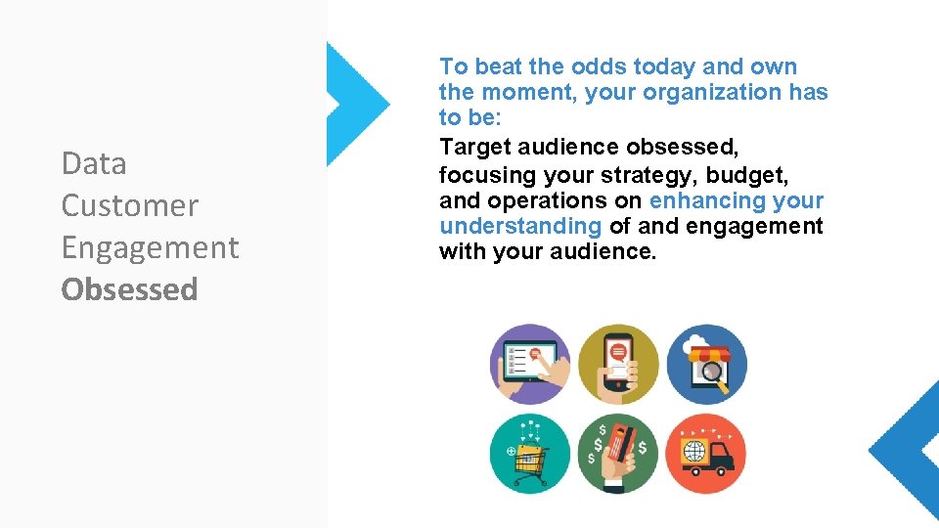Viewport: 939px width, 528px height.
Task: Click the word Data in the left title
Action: click(x=94, y=163)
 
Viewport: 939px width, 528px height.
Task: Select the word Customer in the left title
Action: click(x=129, y=205)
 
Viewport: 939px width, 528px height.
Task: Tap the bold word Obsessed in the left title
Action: click(x=129, y=289)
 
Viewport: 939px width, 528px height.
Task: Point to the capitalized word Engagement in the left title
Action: click(x=150, y=248)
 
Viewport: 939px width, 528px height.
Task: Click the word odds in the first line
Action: click(x=598, y=66)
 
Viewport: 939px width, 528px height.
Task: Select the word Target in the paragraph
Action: click(x=473, y=147)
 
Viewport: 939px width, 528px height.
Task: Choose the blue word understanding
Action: click(x=520, y=226)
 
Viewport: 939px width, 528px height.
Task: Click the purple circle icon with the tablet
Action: click(x=529, y=364)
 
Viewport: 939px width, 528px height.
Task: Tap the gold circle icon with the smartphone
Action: click(x=618, y=364)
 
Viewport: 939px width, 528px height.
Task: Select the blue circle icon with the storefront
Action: click(x=706, y=364)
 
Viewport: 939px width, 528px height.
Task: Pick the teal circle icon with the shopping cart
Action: click(x=529, y=454)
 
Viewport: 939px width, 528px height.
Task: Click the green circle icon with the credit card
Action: click(x=618, y=454)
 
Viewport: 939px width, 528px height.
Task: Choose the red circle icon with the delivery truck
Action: click(x=706, y=454)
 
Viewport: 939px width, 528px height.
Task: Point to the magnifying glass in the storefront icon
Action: click(x=714, y=374)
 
